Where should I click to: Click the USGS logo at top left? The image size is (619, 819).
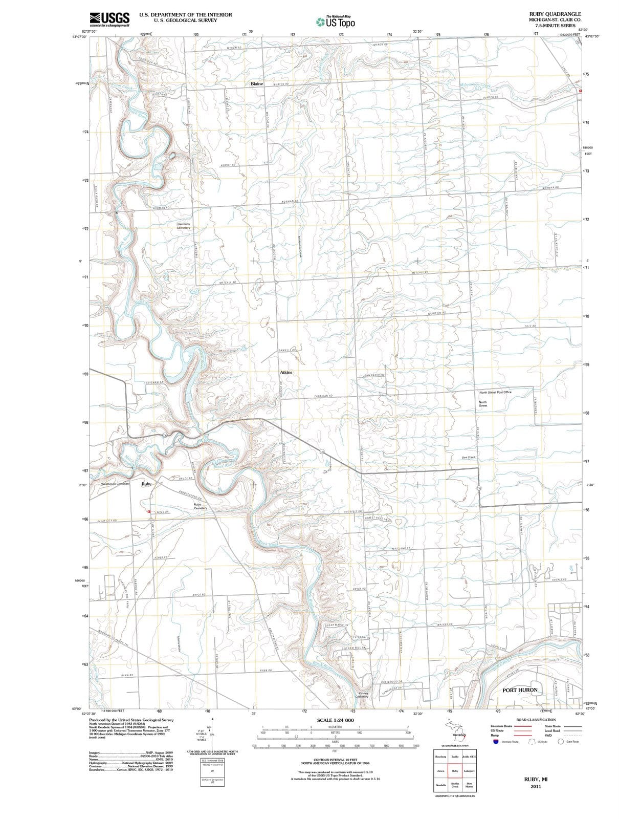coord(109,18)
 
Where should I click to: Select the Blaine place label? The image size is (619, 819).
coord(256,83)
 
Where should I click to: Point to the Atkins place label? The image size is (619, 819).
coord(286,372)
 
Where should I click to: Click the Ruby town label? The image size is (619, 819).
coord(146,484)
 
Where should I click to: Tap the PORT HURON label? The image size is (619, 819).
coord(520,689)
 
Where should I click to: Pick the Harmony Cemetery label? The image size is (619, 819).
coord(183,226)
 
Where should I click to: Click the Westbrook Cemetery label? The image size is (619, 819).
coord(115,484)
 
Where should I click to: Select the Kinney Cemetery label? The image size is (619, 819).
coord(361,695)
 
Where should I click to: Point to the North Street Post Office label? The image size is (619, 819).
coord(495,393)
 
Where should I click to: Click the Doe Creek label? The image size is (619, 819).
coord(468,457)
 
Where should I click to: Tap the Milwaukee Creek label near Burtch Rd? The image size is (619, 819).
coord(475,85)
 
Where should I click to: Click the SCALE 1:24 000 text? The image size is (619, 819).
coord(335,720)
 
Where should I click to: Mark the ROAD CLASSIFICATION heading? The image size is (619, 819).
coord(536,720)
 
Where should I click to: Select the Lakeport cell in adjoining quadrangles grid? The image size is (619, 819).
coord(469,771)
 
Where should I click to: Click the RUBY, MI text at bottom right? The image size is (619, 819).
coord(536,779)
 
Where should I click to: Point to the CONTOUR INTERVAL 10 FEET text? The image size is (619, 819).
coord(335,760)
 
